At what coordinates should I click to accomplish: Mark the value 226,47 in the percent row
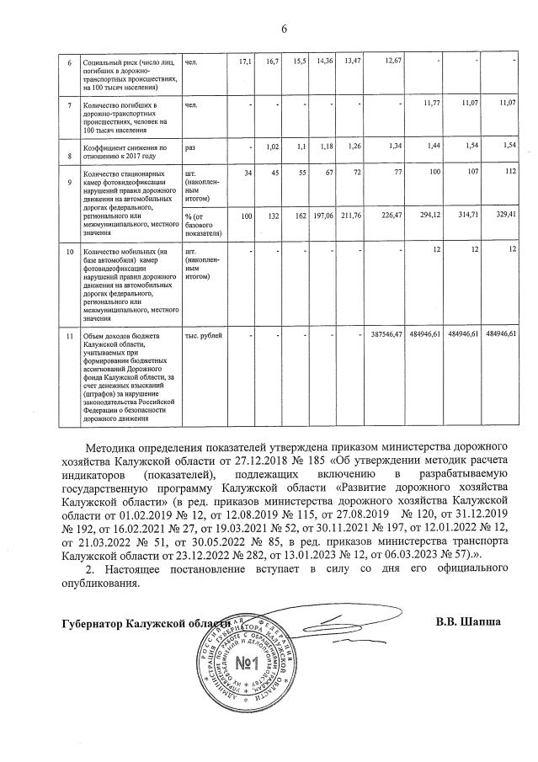(392, 215)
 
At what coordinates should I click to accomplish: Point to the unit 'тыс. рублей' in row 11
(204, 335)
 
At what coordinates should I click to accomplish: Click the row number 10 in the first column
(70, 252)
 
